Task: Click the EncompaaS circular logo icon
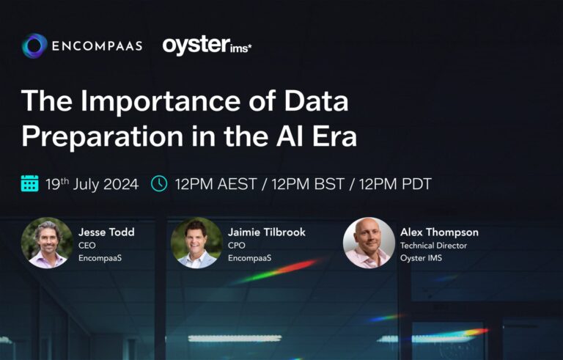[x=34, y=46]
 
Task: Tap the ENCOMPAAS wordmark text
[x=96, y=46]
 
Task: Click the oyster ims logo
[x=207, y=45]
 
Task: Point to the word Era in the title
[x=331, y=135]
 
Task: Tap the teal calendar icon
[x=30, y=183]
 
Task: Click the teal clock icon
[x=159, y=183]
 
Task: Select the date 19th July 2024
[x=91, y=184]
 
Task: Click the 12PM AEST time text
[x=217, y=184]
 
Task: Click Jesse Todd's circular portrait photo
[x=47, y=243]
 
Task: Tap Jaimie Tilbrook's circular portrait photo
[x=196, y=243]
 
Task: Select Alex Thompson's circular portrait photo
[x=369, y=243]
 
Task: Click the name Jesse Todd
[x=107, y=232]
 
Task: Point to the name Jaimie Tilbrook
[x=267, y=232]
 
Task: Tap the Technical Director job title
[x=433, y=246]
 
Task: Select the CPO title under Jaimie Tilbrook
[x=237, y=246]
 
